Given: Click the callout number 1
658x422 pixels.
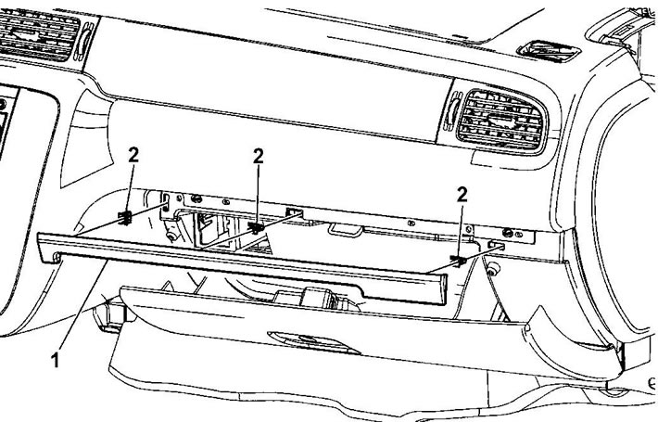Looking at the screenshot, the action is coord(55,360).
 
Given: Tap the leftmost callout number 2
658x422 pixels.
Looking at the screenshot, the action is coord(133,156).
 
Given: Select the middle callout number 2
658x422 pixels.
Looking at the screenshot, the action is coord(258,157).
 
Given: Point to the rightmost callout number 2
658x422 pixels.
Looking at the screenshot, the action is coord(462,195).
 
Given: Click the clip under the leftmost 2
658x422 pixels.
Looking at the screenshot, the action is coord(125,218).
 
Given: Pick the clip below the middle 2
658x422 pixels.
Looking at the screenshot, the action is coord(256,227).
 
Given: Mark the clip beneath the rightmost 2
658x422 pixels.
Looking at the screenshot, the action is coord(458,261).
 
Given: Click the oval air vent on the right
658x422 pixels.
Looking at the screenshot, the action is coord(502,121).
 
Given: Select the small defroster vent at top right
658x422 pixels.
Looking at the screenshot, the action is coord(550,51).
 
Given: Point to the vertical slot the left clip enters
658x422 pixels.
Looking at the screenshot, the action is coord(166,201).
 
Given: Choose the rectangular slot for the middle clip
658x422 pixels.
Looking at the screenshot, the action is coord(294,211).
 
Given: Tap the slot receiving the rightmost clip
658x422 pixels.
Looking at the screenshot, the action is coord(496,245).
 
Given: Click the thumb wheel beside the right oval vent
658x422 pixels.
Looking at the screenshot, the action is coord(451,114).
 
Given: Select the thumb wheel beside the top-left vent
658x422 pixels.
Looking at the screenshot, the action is coord(85,40).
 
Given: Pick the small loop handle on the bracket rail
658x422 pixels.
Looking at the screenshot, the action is coord(345,230).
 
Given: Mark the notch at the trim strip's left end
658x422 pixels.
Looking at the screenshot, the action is coord(57,257).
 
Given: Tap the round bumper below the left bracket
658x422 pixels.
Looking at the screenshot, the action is coord(171,236).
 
